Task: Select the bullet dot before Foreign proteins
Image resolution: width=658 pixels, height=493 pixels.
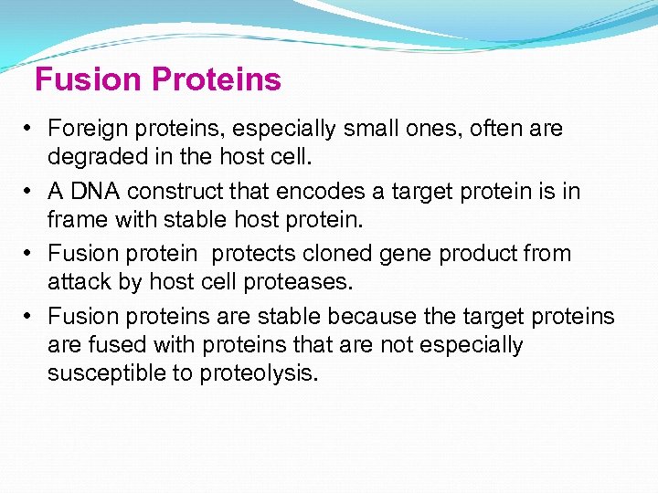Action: click(x=29, y=130)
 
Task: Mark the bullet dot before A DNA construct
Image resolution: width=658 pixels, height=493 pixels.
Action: click(x=29, y=192)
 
